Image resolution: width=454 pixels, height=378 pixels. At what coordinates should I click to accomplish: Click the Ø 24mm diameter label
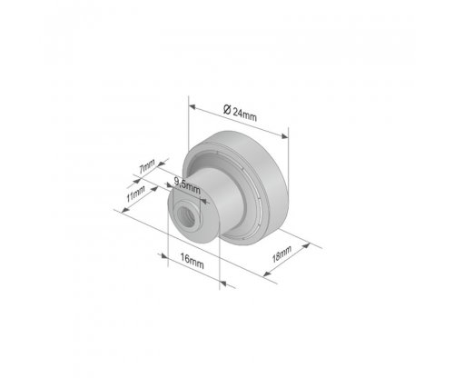[240, 113]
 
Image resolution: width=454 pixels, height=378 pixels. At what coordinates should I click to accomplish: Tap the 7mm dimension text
[147, 166]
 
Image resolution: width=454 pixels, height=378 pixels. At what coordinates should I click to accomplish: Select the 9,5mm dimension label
[187, 185]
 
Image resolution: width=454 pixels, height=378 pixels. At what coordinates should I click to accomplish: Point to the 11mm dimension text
[135, 194]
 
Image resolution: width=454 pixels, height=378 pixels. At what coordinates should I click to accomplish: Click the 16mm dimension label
[192, 262]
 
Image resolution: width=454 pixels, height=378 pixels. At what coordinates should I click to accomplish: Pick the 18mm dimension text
[281, 254]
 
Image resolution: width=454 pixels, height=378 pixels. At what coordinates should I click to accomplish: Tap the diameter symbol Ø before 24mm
[227, 109]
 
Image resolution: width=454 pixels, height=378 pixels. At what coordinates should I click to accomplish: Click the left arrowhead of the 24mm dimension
[192, 106]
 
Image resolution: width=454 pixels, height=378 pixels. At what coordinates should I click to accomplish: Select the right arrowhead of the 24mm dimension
[284, 136]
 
